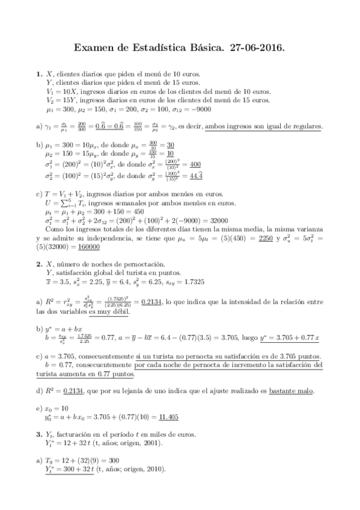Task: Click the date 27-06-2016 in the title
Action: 254,46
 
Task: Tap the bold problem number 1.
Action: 38,74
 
